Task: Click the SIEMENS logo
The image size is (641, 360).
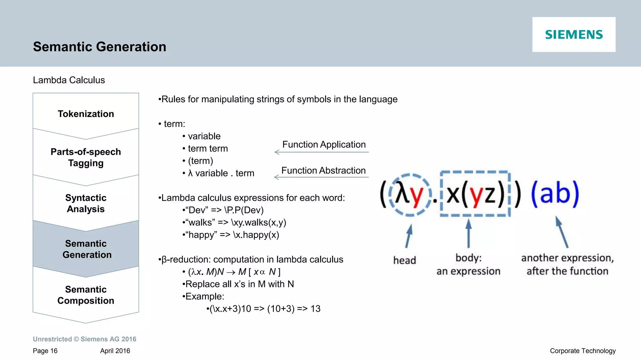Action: [574, 34]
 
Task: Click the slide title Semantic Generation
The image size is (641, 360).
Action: [100, 47]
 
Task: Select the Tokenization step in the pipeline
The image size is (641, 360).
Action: [86, 114]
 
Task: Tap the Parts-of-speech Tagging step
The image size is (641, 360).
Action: [86, 157]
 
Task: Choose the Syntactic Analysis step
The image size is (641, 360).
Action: [86, 203]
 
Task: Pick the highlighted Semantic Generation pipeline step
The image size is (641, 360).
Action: [86, 249]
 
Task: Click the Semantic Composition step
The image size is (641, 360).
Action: [86, 295]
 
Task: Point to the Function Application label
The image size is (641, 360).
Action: [324, 145]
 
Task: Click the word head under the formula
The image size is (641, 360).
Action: [404, 260]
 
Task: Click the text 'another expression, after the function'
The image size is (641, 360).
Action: [567, 264]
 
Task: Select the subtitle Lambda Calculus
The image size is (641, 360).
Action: [69, 80]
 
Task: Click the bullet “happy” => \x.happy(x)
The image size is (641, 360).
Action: [231, 235]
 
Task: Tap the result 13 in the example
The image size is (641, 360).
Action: [315, 309]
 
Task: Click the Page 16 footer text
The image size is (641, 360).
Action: [45, 351]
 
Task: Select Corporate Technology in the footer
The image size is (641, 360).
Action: [582, 351]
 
